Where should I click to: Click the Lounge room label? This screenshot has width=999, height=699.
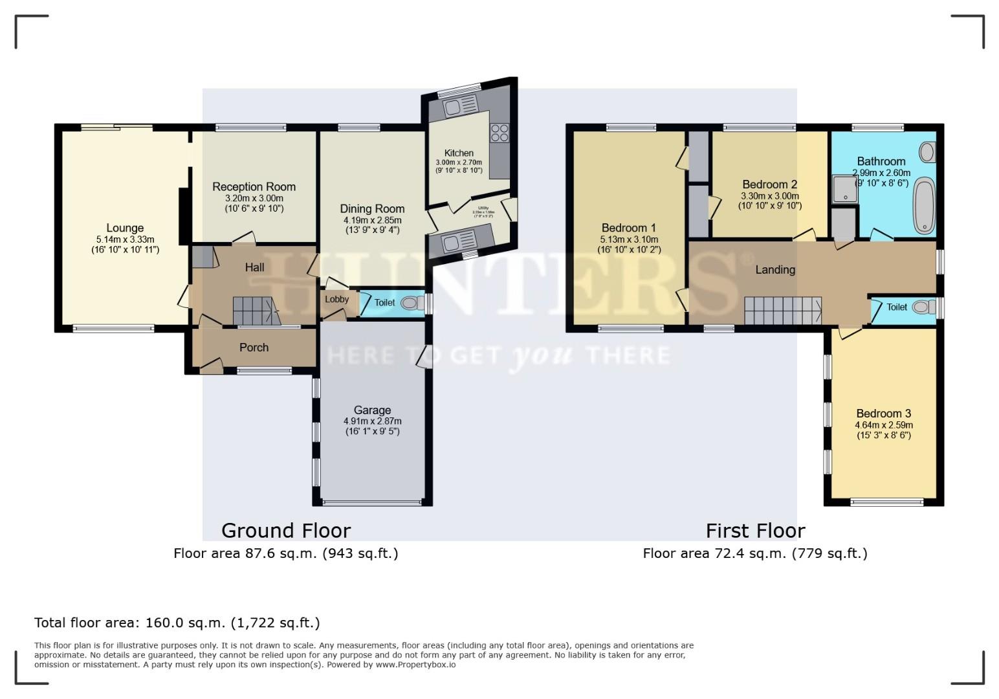point(125,228)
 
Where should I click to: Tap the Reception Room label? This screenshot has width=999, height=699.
point(254,187)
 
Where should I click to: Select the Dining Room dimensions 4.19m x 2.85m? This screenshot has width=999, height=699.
point(372,220)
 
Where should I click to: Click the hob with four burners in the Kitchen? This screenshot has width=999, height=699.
point(499,133)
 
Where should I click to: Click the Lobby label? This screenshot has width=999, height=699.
point(336,299)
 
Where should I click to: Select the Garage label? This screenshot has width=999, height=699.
point(372,410)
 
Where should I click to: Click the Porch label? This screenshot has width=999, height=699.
point(254,348)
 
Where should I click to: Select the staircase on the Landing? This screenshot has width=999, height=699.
point(782,311)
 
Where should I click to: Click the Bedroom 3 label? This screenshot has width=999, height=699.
point(883,414)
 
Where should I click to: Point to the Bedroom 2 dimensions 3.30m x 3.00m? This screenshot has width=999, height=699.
point(769,196)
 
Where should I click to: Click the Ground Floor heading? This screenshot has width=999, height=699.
point(286,531)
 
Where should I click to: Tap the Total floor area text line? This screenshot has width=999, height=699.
point(177,623)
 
